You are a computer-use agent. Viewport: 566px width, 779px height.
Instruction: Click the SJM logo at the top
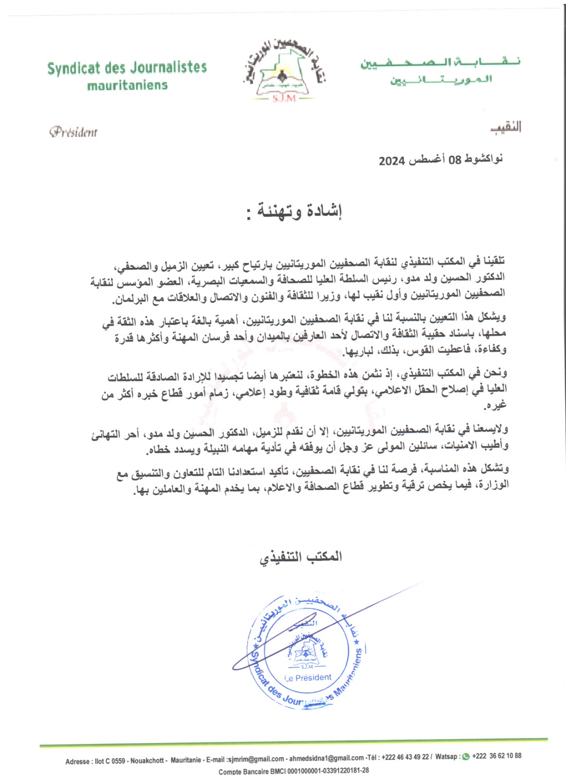click(281, 70)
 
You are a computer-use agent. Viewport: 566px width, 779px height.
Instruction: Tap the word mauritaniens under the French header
click(128, 85)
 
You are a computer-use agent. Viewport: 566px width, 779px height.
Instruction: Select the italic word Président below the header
click(73, 131)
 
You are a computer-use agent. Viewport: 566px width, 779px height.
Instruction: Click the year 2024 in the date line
click(392, 161)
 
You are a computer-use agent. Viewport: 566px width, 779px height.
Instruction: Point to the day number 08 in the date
click(455, 160)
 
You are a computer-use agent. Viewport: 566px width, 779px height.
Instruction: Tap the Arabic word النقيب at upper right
click(506, 128)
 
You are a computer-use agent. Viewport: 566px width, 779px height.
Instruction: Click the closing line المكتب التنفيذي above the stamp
click(300, 557)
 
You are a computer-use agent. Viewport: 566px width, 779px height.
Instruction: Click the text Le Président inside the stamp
click(308, 678)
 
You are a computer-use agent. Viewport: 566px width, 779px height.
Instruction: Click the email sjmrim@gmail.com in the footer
click(256, 759)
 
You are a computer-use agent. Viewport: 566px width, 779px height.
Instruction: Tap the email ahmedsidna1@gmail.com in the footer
click(327, 758)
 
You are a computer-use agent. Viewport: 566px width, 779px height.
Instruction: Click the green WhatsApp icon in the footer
click(465, 756)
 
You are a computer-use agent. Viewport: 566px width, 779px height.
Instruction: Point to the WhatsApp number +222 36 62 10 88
click(496, 756)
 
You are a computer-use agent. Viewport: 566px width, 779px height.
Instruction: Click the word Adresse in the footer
click(78, 761)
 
